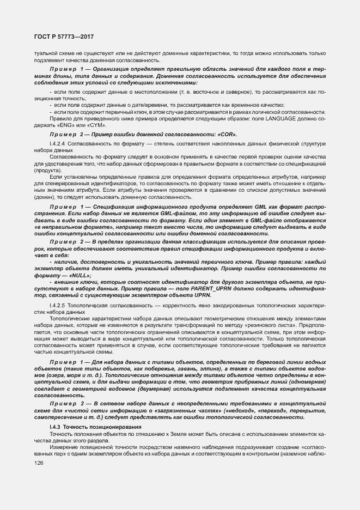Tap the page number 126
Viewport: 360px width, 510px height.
click(40, 462)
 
